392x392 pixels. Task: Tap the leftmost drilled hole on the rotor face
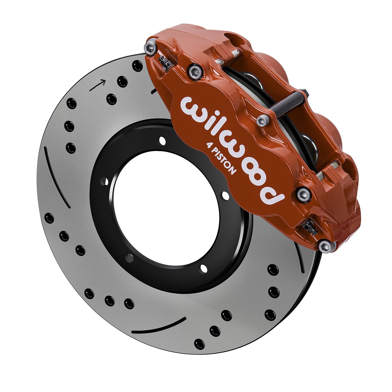pyautogui.click(x=49, y=217)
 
